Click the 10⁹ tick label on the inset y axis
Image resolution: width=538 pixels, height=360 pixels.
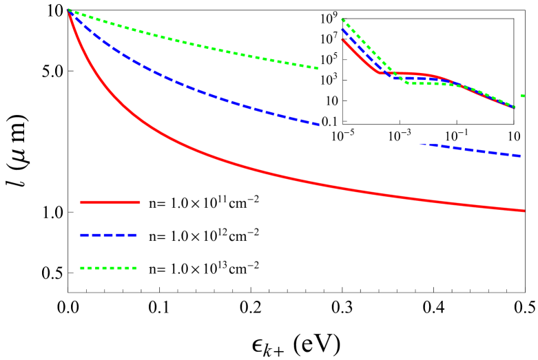(x=328, y=18)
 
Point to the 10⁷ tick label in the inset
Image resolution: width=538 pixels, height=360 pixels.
(x=328, y=39)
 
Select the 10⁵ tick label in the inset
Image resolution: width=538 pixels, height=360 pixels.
(x=328, y=59)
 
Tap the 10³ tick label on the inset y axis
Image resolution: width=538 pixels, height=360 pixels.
(x=328, y=80)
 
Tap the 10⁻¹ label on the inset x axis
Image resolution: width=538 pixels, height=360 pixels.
(x=456, y=137)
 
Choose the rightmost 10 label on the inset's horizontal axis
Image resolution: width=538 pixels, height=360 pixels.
(x=513, y=137)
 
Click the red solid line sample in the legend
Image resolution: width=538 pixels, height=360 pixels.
(x=110, y=202)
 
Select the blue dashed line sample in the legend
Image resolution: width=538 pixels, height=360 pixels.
(x=110, y=235)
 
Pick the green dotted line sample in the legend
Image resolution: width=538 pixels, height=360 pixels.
(x=110, y=268)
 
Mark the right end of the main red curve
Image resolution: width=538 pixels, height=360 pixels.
(x=524, y=210)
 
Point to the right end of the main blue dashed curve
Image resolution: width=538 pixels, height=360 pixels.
(x=520, y=156)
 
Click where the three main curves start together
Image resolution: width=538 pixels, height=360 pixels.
(x=68, y=10)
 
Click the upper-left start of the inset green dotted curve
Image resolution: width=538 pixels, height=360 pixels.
(x=343, y=19)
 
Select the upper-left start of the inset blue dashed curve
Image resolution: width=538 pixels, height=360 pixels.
(x=343, y=29)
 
